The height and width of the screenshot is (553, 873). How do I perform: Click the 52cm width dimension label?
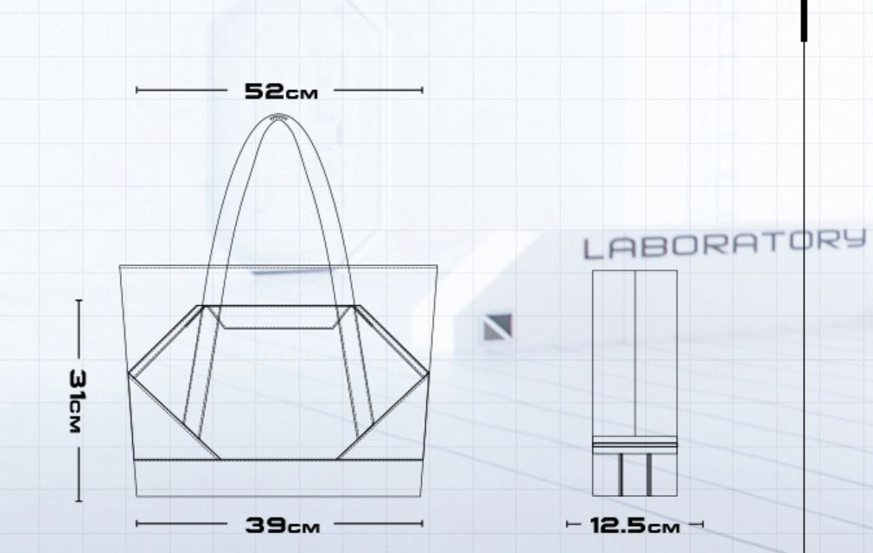click(281, 92)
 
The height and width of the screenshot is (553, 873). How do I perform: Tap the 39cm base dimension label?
click(283, 525)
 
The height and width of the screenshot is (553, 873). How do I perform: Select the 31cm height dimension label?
click(78, 401)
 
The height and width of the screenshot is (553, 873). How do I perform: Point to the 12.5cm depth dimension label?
click(634, 525)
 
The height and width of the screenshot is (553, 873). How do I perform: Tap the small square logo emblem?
click(497, 327)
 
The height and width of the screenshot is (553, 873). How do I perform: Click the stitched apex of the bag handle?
click(278, 118)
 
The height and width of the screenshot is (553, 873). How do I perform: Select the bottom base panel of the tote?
click(278, 478)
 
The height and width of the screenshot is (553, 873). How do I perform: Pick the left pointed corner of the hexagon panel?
click(129, 372)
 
